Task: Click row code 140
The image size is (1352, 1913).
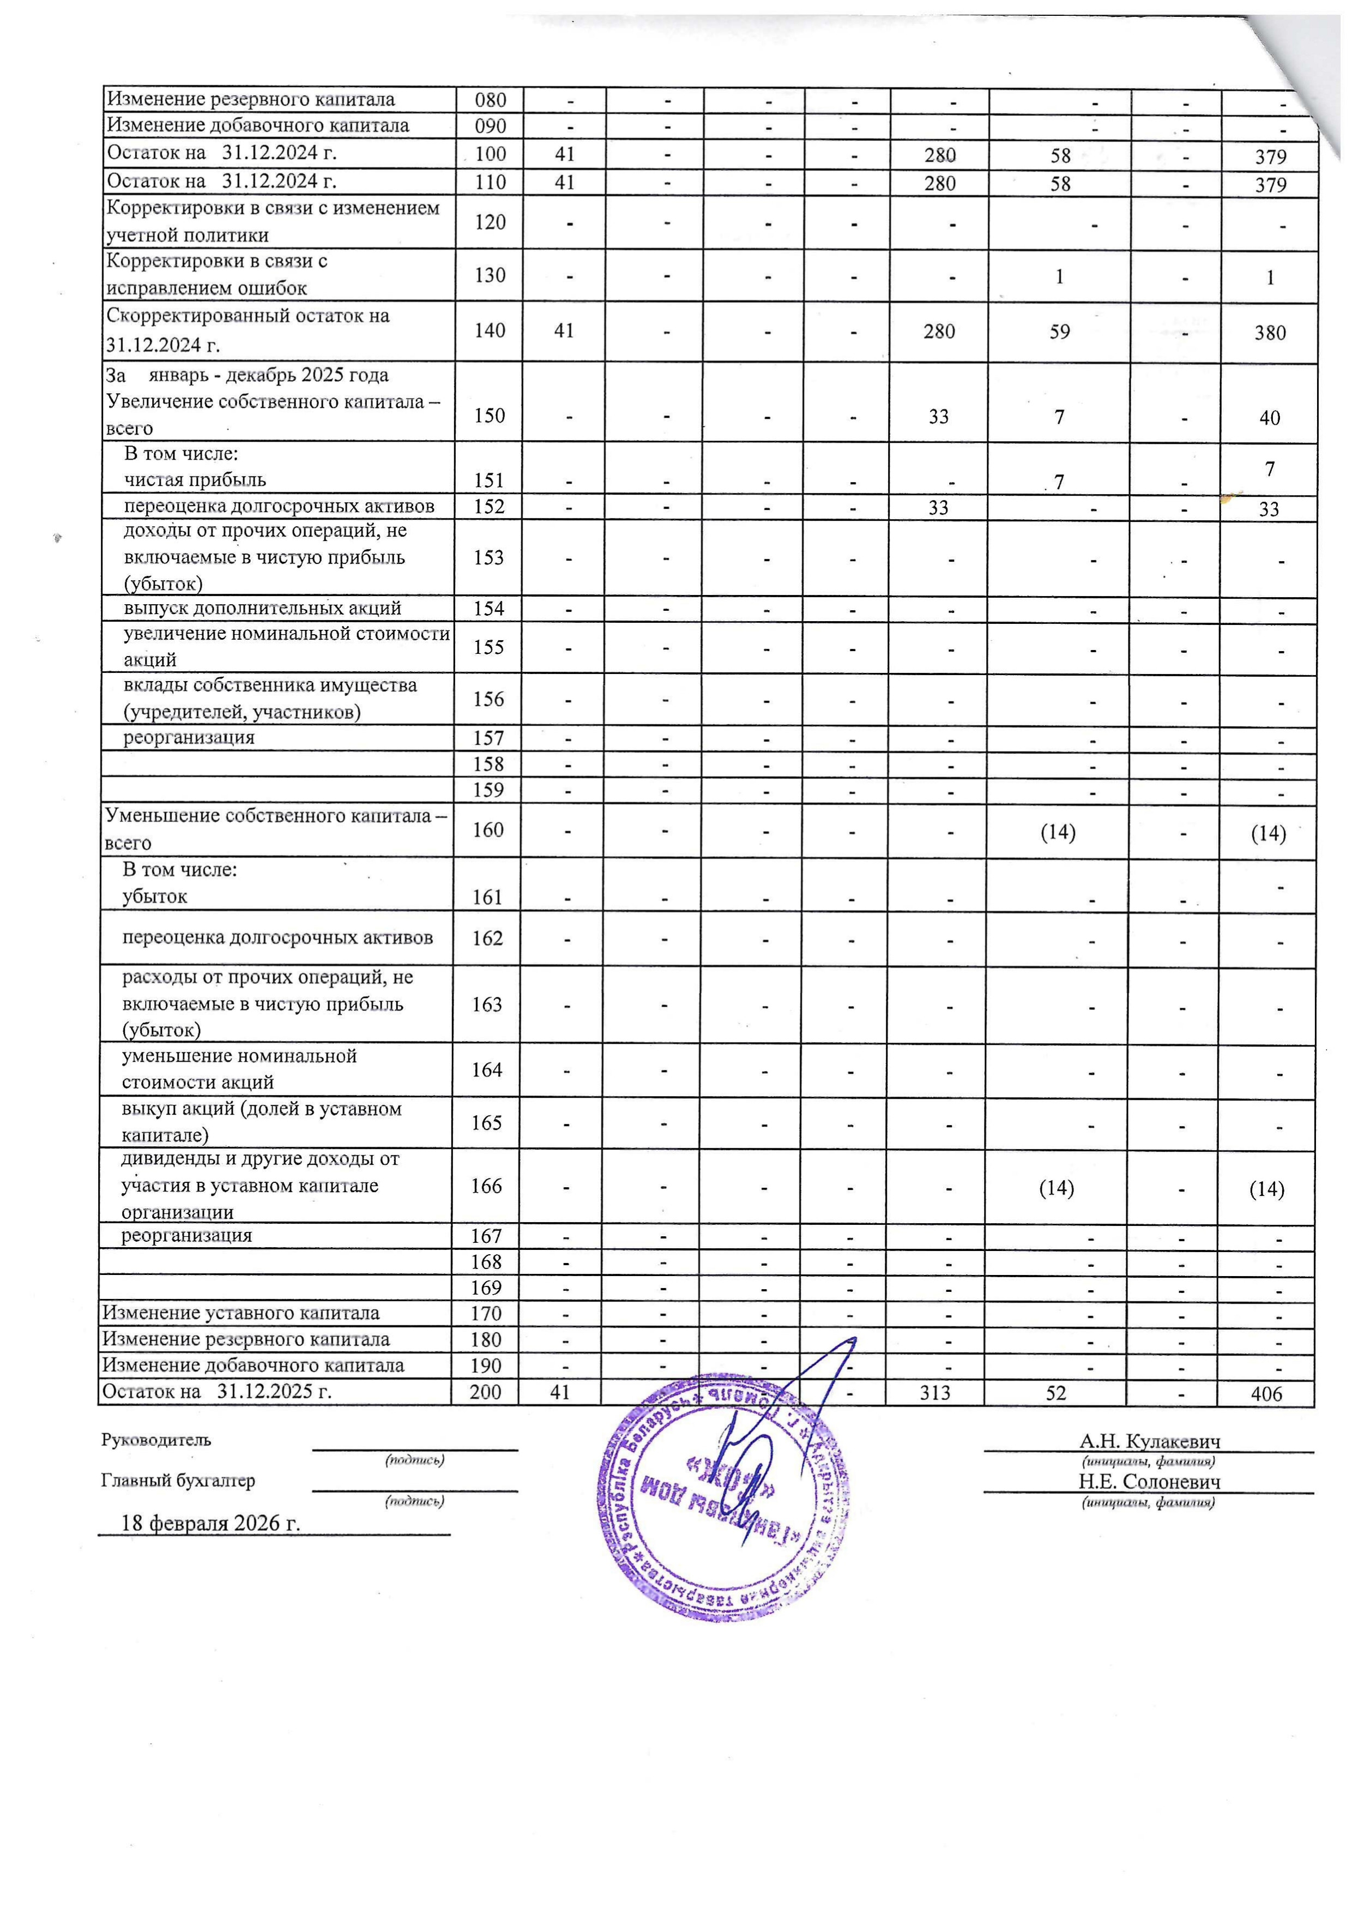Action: tap(489, 331)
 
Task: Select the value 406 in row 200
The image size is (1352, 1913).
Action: tap(1266, 1394)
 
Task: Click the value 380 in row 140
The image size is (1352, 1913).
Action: tap(1270, 333)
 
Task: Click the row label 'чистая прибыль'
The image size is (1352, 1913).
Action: tap(195, 480)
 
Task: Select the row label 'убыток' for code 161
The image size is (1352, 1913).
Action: tap(155, 897)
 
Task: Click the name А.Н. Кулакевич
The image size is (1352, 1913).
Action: tap(1150, 1441)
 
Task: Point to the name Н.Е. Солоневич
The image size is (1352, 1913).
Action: tap(1150, 1482)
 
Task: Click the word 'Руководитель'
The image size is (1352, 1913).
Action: tap(156, 1440)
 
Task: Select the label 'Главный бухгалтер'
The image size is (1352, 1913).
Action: tap(178, 1481)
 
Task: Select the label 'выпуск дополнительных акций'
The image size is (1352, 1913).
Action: tap(262, 608)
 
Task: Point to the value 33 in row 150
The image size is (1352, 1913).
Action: tap(938, 417)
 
